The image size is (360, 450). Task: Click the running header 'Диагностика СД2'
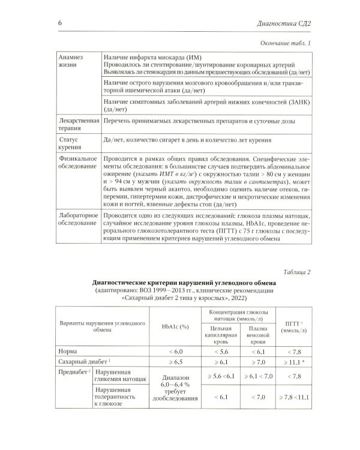pyautogui.click(x=287, y=23)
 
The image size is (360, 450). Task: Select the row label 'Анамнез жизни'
pyautogui.click(x=70, y=60)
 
